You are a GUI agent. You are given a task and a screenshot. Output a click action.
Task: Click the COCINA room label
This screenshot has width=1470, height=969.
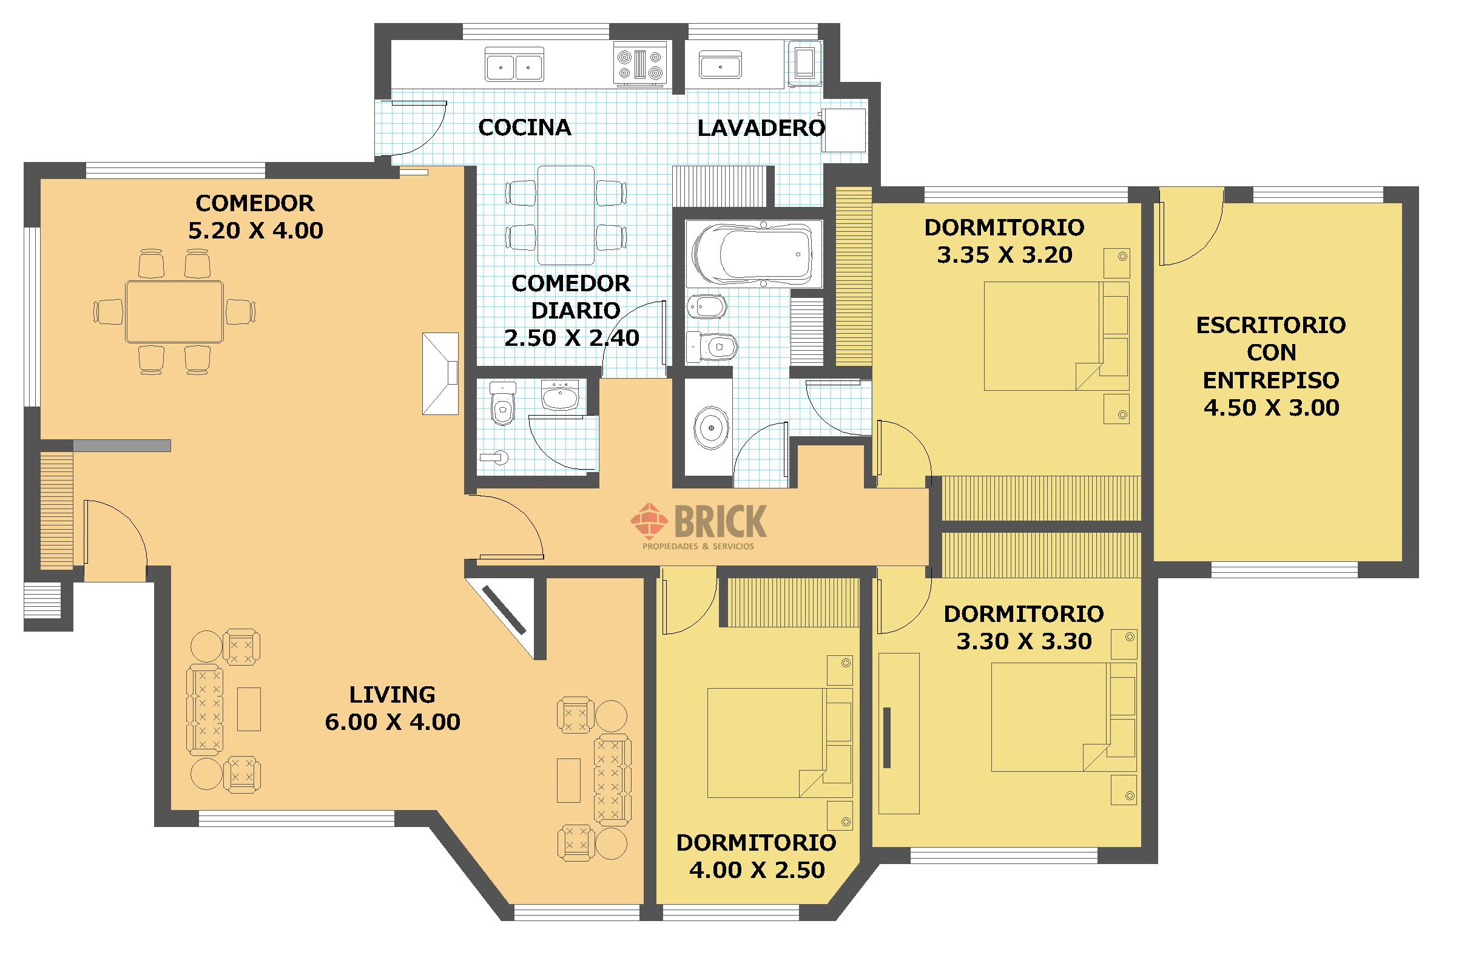pyautogui.click(x=525, y=127)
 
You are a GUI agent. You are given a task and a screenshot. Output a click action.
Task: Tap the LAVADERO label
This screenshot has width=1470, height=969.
pyautogui.click(x=761, y=128)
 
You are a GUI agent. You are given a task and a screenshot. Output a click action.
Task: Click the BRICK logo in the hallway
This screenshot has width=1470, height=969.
pyautogui.click(x=699, y=526)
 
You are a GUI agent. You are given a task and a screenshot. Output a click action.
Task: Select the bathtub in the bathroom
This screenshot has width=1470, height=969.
pyautogui.click(x=754, y=254)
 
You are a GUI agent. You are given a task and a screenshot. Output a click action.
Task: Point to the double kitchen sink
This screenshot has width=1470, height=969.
pyautogui.click(x=514, y=64)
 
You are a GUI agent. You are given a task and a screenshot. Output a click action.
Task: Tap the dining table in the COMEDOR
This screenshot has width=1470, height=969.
pyautogui.click(x=174, y=311)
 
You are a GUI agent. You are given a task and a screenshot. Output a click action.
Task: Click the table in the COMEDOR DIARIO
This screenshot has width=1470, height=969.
pyautogui.click(x=566, y=215)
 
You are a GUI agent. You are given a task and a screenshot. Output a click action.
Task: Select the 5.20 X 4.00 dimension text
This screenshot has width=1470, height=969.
pyautogui.click(x=255, y=231)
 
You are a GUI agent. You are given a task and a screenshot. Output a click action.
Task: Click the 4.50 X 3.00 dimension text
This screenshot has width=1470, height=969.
pyautogui.click(x=1271, y=408)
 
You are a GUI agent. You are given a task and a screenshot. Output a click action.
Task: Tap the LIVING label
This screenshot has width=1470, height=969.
pyautogui.click(x=393, y=695)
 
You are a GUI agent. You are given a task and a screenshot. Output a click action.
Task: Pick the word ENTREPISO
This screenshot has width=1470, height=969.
pyautogui.click(x=1271, y=380)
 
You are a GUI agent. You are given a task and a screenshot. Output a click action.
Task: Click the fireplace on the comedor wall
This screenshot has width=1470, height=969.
pyautogui.click(x=440, y=374)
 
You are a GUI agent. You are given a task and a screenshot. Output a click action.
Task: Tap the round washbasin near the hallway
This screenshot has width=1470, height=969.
pyautogui.click(x=712, y=427)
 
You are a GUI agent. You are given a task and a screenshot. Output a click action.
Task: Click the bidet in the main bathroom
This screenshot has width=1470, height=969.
pyautogui.click(x=706, y=306)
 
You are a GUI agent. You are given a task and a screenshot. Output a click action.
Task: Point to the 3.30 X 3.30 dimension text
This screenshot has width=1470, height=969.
pyautogui.click(x=1024, y=641)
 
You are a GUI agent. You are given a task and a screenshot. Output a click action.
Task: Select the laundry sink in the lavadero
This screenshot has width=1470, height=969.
pyautogui.click(x=720, y=64)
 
